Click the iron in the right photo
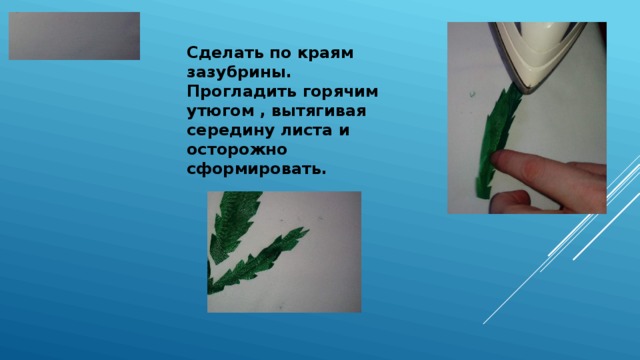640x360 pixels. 545,55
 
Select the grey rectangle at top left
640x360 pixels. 74,36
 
